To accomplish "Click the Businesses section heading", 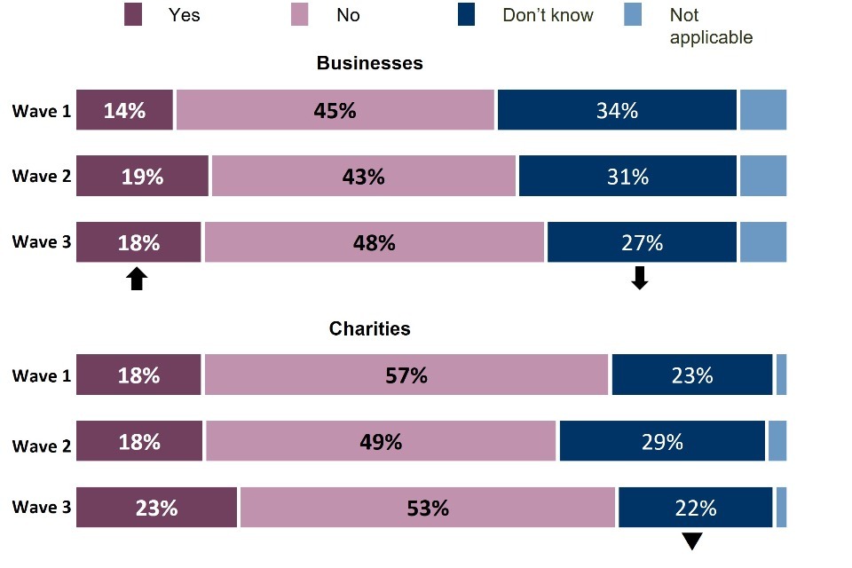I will pyautogui.click(x=369, y=64).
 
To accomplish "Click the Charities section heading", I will pyautogui.click(x=369, y=328).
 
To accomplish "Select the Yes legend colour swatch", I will pyautogui.click(x=133, y=16).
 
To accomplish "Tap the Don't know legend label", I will pyautogui.click(x=548, y=16).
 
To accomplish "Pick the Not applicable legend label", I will pyautogui.click(x=711, y=27).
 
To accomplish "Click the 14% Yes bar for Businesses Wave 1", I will pyautogui.click(x=124, y=110).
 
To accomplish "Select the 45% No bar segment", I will pyautogui.click(x=335, y=110).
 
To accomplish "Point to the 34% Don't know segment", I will pyautogui.click(x=617, y=110).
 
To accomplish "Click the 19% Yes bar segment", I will pyautogui.click(x=142, y=176).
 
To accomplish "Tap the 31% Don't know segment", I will pyautogui.click(x=627, y=176).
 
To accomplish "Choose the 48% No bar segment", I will pyautogui.click(x=374, y=242).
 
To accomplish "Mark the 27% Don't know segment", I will pyautogui.click(x=642, y=242).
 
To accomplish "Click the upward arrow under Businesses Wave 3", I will pyautogui.click(x=136, y=280).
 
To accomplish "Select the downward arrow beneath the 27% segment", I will pyautogui.click(x=639, y=279).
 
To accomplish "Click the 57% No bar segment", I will pyautogui.click(x=406, y=375).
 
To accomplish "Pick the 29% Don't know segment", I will pyautogui.click(x=662, y=441).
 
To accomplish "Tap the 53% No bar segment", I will pyautogui.click(x=427, y=508).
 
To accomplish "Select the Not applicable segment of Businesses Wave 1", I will pyautogui.click(x=763, y=110).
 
